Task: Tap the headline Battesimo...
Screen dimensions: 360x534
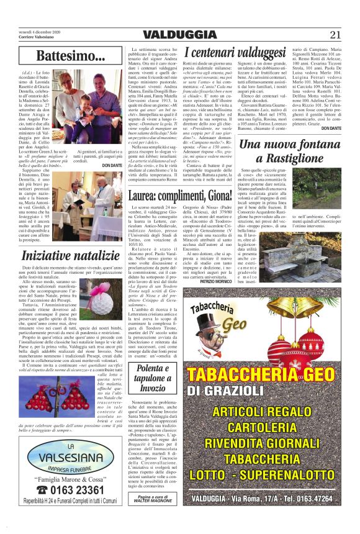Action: click(70, 57)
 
